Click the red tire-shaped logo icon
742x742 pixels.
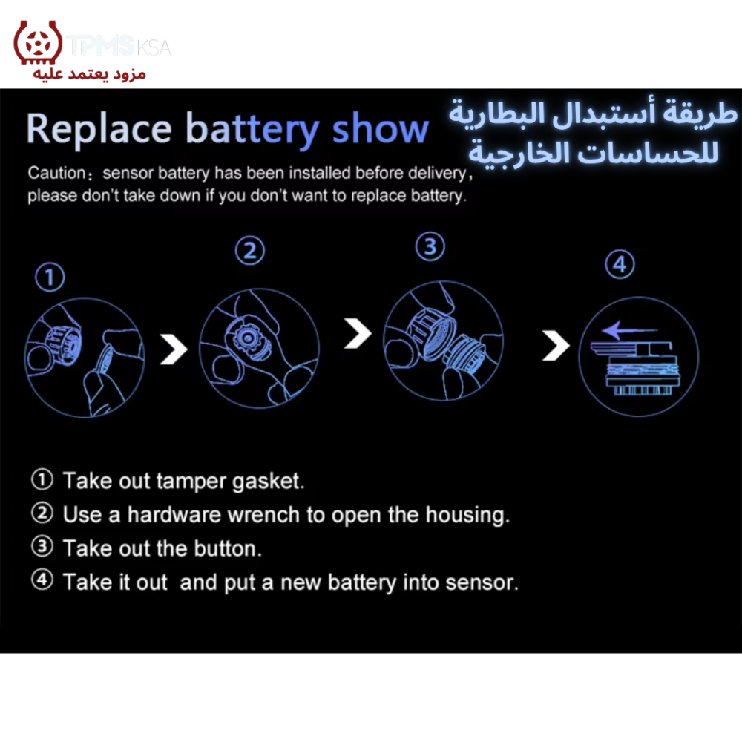(37, 42)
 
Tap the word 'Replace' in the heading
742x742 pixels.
(99, 128)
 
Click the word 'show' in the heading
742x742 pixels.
(380, 128)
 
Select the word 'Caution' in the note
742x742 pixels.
(56, 173)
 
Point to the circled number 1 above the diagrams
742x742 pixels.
(50, 277)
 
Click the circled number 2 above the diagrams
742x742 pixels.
(250, 250)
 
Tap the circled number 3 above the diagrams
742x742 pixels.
(430, 246)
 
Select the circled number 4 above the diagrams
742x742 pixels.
(620, 264)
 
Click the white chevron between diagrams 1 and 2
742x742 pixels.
(174, 349)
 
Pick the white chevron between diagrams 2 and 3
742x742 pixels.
(358, 333)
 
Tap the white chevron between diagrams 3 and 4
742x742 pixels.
(556, 345)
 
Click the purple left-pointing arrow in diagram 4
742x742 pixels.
(629, 330)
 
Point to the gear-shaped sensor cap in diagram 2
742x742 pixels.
(246, 338)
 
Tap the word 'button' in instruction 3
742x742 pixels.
(228, 548)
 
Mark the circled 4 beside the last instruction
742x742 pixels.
(42, 580)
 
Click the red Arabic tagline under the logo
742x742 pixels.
(89, 74)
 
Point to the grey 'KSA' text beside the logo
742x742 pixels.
(154, 47)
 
